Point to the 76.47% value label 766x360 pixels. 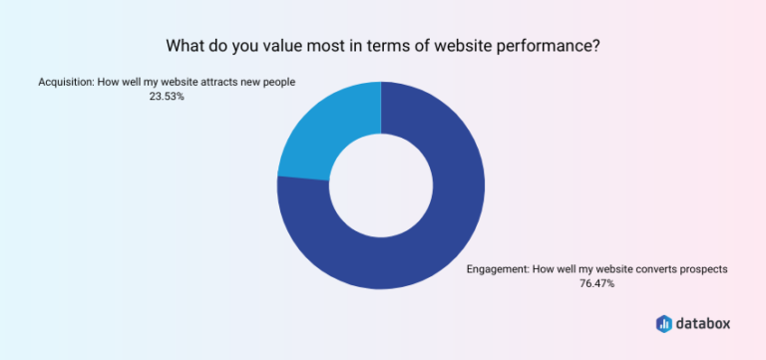(596, 284)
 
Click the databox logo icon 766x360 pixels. (665, 323)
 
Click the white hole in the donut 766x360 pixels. (381, 186)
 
